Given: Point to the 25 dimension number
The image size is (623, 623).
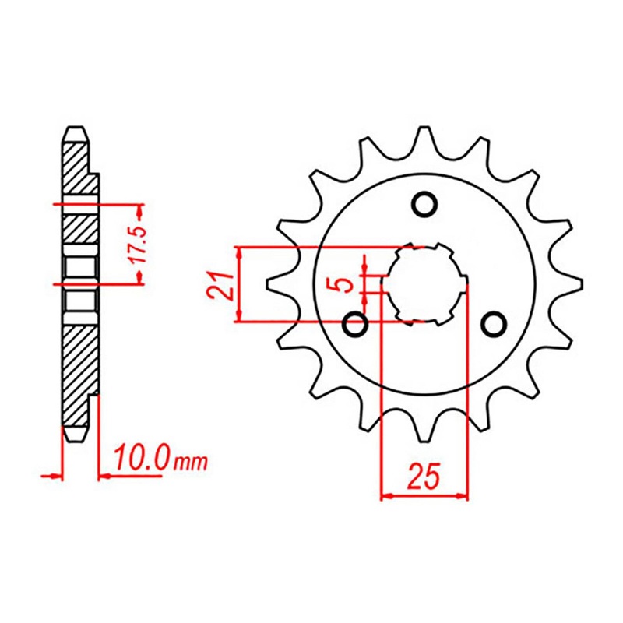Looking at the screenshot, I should coord(424,475).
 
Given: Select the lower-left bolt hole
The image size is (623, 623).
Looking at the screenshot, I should coord(357,322).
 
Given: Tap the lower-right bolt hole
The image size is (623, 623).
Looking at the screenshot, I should coord(493,322).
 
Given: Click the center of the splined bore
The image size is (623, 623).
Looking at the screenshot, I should coord(424,284).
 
